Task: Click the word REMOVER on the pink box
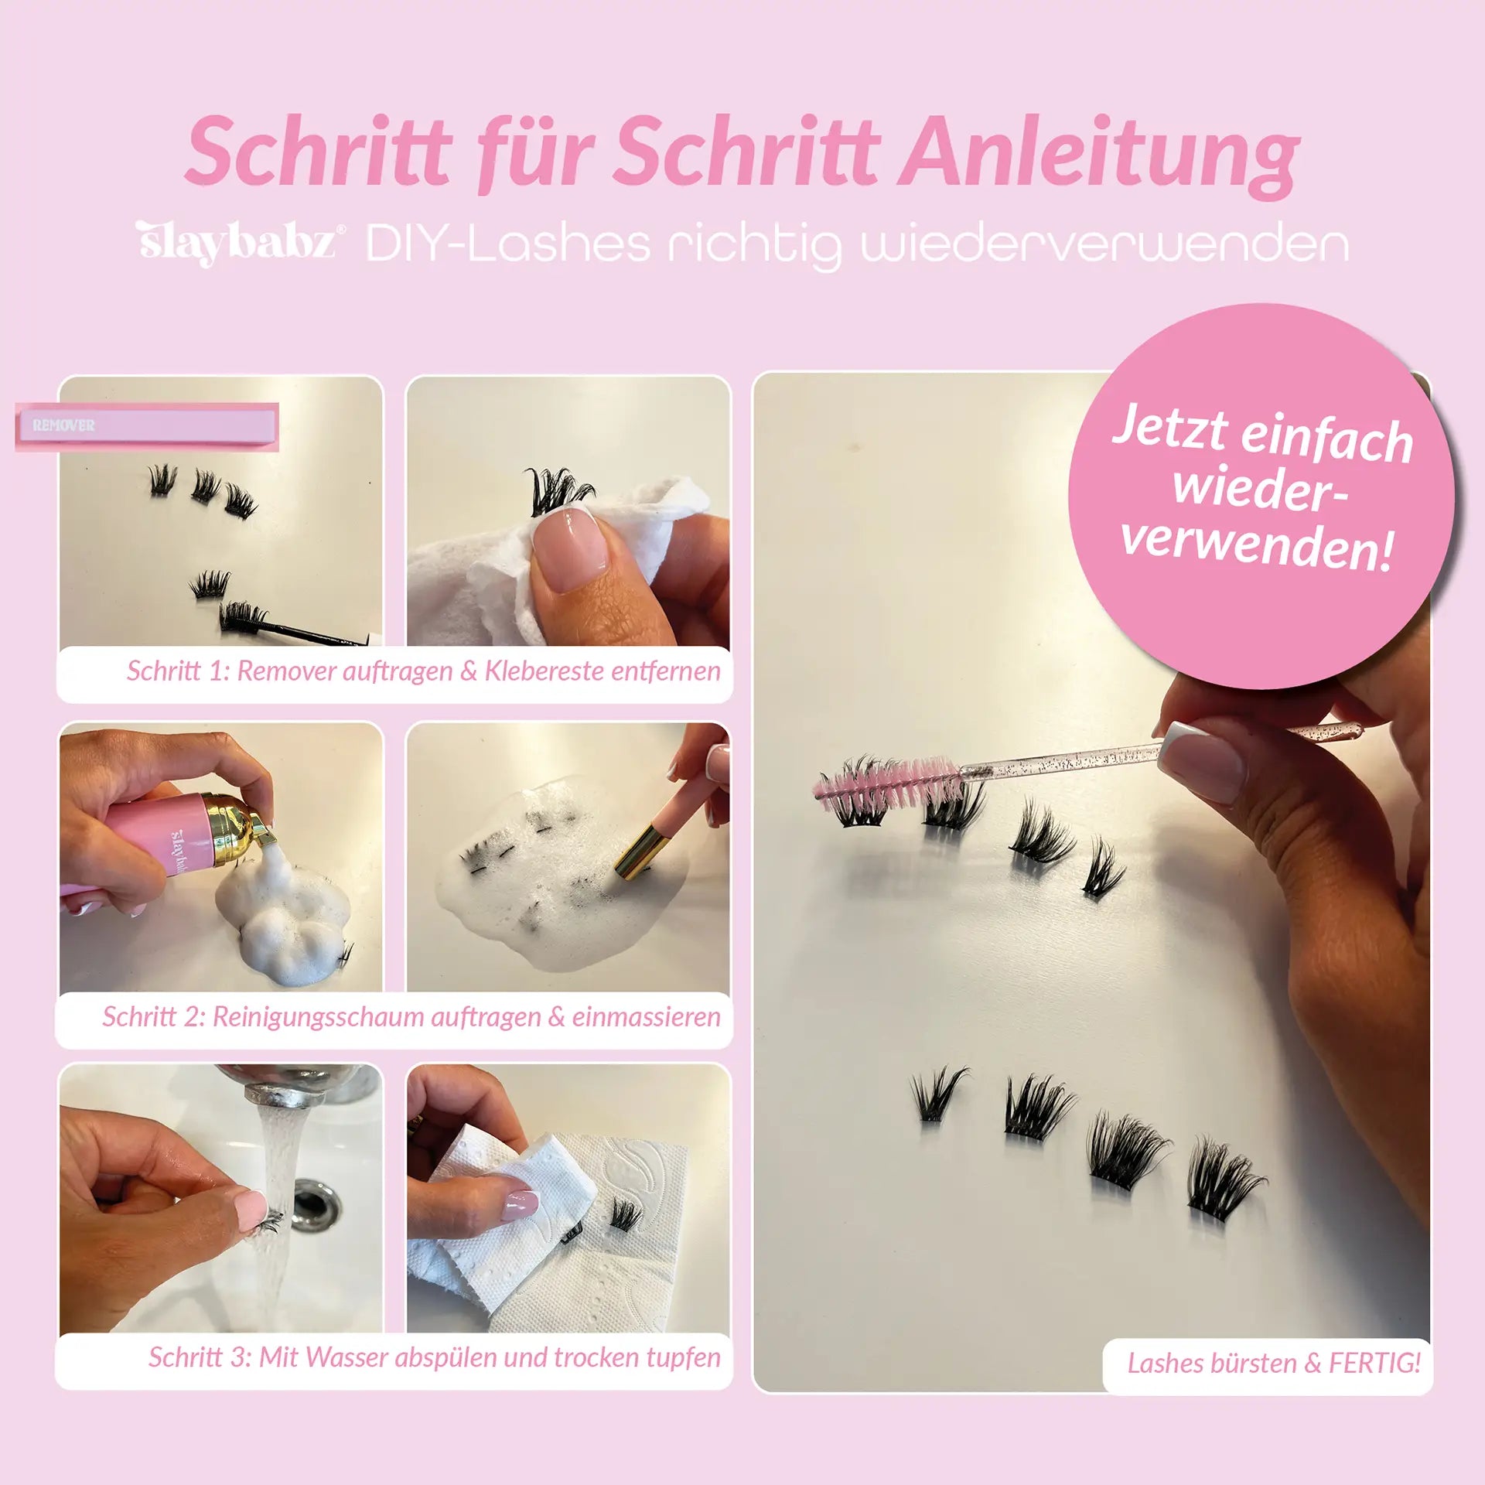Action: [63, 425]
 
